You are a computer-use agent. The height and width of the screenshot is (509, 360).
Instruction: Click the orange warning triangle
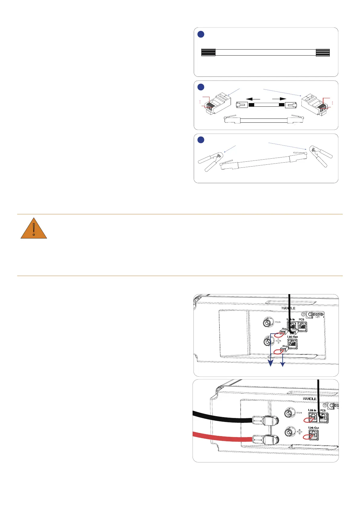tap(34, 229)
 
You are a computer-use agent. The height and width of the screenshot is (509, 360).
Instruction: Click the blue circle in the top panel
tap(201, 34)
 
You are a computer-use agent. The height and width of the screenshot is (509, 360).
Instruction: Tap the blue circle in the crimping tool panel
tap(201, 140)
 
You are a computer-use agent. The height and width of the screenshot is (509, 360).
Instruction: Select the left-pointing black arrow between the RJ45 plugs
tap(253, 99)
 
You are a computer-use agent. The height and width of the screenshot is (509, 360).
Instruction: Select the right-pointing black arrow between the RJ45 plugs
tap(279, 99)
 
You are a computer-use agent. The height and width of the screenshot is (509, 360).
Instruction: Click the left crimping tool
tap(210, 160)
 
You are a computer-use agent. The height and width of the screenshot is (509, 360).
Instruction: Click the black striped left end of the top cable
tap(208, 53)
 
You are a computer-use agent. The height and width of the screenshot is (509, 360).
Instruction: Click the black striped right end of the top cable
tap(323, 53)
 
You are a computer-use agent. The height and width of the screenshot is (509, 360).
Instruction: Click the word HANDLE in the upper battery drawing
tap(288, 308)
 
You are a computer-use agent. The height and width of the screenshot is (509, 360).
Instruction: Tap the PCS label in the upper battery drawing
tap(301, 319)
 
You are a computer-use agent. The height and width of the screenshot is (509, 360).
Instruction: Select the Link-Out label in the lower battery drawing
tap(313, 428)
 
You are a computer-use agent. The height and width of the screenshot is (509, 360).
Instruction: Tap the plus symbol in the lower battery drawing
tap(300, 432)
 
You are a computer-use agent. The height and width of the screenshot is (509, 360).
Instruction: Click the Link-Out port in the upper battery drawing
tap(293, 344)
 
